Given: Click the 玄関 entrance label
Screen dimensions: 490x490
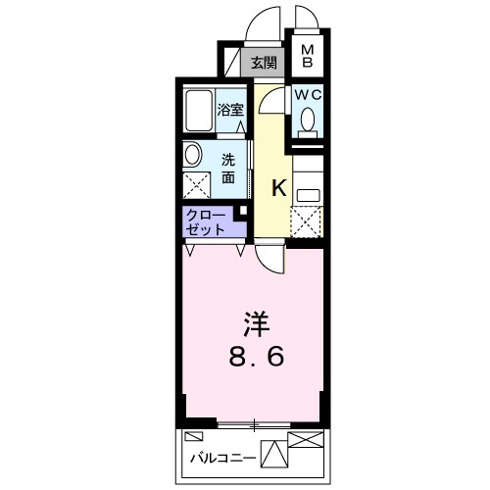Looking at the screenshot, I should (263, 64).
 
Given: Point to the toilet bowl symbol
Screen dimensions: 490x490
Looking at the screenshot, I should (309, 120).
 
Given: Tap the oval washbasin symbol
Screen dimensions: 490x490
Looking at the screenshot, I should (192, 154).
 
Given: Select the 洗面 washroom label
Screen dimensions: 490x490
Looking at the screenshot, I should (228, 169).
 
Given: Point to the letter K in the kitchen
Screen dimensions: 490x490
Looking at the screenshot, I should (278, 188).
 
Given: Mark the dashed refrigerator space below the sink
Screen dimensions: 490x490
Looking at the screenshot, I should (307, 220).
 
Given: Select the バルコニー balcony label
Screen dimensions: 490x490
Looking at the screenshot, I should (221, 457).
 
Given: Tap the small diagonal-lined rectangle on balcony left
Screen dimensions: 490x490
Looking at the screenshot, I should (194, 435).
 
